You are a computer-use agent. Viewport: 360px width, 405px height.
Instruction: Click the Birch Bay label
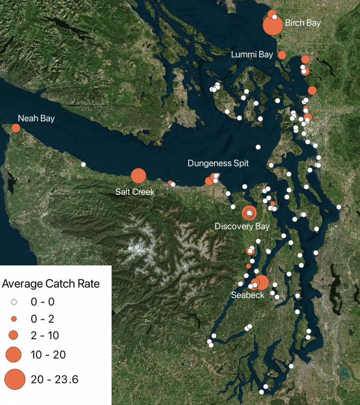[x=303, y=23]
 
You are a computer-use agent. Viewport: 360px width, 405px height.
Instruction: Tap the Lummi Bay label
[x=252, y=55]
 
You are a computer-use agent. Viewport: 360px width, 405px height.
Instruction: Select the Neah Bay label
[x=36, y=118]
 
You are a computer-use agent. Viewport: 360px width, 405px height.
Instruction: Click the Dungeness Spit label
[x=218, y=163]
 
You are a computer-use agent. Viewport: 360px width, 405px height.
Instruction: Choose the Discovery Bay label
[x=242, y=226]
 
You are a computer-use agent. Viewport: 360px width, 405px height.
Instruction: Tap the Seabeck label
[x=248, y=295]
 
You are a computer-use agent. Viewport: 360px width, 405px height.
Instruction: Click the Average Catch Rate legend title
[x=51, y=284]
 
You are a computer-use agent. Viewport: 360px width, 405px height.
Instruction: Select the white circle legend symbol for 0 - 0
[x=14, y=302]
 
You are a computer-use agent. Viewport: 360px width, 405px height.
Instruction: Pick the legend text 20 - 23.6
[x=55, y=380]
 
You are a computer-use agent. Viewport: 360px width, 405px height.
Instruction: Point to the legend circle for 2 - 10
[x=14, y=335]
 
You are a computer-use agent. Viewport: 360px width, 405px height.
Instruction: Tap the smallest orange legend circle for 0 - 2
[x=14, y=319]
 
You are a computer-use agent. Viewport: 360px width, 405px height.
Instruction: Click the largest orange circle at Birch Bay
[x=273, y=26]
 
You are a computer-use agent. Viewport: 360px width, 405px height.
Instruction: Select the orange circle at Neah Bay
[x=16, y=128]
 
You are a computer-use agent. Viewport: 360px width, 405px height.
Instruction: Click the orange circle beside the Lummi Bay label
[x=282, y=55]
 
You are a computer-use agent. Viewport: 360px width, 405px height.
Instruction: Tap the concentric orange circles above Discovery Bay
[x=249, y=213]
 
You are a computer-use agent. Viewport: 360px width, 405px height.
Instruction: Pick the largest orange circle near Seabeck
[x=262, y=282]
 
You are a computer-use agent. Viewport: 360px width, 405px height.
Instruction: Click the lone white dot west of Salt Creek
[x=83, y=164]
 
